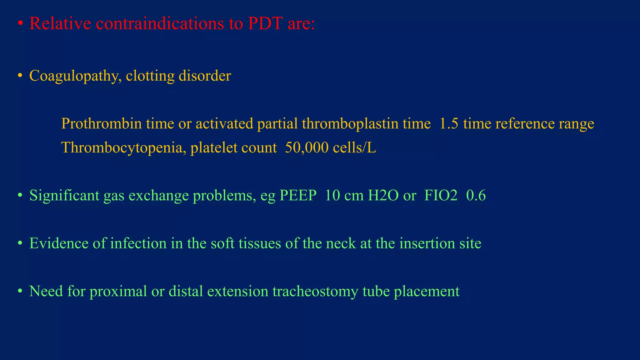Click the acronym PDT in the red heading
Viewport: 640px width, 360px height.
265,23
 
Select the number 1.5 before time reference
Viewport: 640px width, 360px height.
449,123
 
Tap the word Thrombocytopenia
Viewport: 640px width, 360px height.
124,147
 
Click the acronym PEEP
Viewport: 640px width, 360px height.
298,196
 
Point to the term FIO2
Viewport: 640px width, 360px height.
441,196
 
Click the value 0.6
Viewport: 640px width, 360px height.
476,196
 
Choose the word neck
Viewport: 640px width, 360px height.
341,243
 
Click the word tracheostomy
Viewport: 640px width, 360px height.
315,291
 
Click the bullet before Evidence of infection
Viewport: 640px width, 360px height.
20,243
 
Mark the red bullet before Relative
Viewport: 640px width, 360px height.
20,24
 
